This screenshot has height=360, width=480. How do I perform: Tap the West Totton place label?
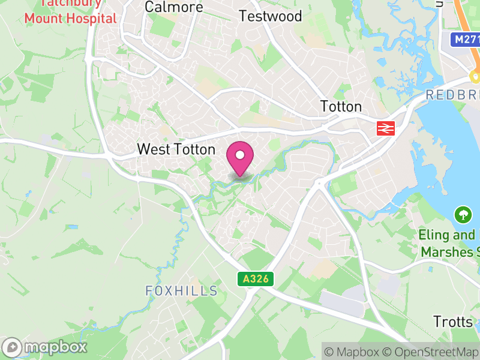coord(176,149)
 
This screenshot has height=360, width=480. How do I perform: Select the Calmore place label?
coord(174,7)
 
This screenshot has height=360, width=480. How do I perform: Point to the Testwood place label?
coord(270,16)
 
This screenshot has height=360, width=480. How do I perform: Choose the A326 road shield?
coord(256,279)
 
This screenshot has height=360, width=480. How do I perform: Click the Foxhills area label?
coord(181,291)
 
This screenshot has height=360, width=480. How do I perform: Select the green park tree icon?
coord(463,214)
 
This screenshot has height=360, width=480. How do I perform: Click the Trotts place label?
coord(454,322)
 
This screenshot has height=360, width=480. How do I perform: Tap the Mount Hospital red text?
coord(70,18)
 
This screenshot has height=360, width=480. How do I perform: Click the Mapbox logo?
coord(46,347)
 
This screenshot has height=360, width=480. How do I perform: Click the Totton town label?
coord(341,107)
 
